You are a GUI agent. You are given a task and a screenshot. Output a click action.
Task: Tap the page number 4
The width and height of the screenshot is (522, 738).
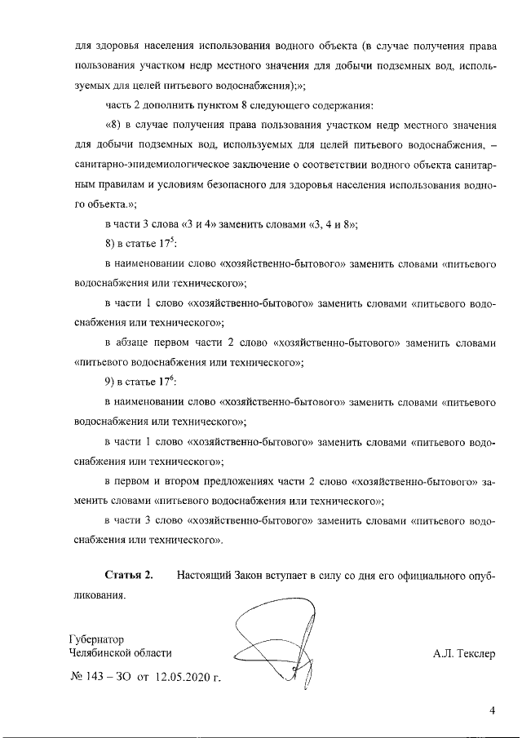492,710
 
